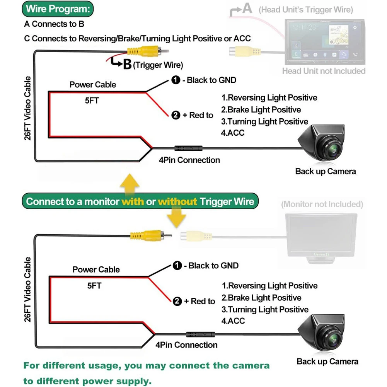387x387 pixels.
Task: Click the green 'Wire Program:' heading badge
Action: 58,9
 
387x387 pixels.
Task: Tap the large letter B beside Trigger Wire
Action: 127,65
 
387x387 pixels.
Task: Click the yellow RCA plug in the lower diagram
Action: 151,235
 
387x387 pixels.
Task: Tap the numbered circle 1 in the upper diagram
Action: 176,80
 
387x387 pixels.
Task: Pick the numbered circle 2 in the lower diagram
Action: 177,301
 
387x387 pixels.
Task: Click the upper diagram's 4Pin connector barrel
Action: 188,148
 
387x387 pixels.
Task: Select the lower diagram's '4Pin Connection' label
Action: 186,345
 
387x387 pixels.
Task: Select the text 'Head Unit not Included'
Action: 324,71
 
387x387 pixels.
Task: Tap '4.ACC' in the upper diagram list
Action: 232,133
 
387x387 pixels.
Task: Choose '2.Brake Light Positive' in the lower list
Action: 261,298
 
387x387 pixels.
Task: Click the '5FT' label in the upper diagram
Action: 92,101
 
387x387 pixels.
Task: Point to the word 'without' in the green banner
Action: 177,202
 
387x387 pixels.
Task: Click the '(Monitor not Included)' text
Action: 322,205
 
